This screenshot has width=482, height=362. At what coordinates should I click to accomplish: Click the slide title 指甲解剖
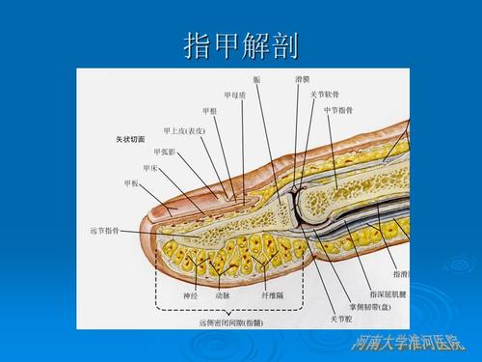(x=241, y=45)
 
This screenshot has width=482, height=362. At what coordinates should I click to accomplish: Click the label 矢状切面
(x=127, y=139)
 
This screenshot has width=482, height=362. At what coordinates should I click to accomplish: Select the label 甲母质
(x=234, y=95)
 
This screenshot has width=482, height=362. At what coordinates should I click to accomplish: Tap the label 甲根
(x=210, y=111)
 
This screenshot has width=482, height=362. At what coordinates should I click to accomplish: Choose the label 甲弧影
(x=164, y=152)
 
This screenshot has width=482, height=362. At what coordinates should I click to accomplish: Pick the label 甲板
(x=132, y=182)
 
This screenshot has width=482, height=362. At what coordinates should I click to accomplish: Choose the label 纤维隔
(x=272, y=295)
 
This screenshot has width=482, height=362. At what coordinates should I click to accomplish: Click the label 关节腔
(x=343, y=318)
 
